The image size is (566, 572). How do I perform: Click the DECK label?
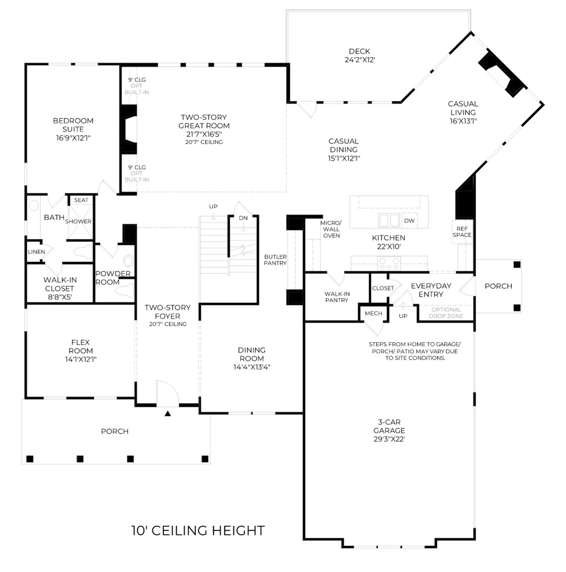pos(359,51)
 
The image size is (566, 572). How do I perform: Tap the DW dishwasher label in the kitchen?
pos(409,221)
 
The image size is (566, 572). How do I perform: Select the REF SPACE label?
pos(462,232)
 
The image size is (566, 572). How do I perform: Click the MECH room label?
pos(374,313)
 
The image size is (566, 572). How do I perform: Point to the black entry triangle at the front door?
pos(168,413)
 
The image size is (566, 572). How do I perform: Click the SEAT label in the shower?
pos(81,200)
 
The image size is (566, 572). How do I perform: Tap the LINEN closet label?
pos(36,252)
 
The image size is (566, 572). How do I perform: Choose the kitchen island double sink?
pos(389,220)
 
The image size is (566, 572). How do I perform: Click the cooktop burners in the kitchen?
pos(389,264)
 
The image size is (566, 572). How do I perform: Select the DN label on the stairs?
pos(243,218)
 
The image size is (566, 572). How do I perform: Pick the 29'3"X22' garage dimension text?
pos(389,439)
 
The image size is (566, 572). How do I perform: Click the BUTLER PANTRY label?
pos(275,260)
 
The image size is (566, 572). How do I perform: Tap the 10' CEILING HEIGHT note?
pos(198,531)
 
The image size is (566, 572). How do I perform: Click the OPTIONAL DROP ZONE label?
pos(446,313)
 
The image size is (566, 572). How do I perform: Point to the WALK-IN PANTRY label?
pos(337,297)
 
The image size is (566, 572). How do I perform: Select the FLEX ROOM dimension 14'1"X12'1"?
pos(81,359)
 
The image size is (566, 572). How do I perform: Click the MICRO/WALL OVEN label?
pos(331,229)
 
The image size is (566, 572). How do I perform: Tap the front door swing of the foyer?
pos(167,393)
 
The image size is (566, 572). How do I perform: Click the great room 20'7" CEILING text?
pos(204,142)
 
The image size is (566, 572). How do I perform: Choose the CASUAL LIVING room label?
pos(463,108)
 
